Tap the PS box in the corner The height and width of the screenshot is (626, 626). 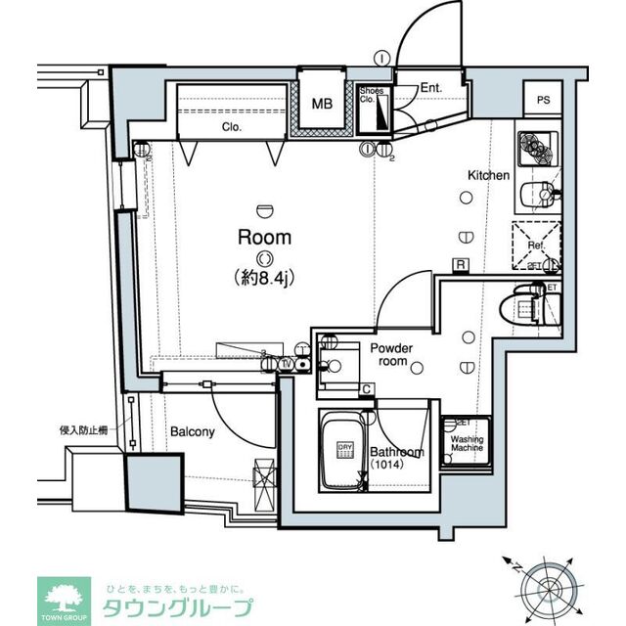pos(543,100)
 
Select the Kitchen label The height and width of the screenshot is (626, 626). pos(488,175)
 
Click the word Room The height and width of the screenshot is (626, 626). pos(265,237)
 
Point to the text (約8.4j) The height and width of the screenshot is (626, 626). pos(265,278)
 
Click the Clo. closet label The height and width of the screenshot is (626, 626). pos(232,127)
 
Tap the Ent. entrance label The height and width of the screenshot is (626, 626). pos(430,88)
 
